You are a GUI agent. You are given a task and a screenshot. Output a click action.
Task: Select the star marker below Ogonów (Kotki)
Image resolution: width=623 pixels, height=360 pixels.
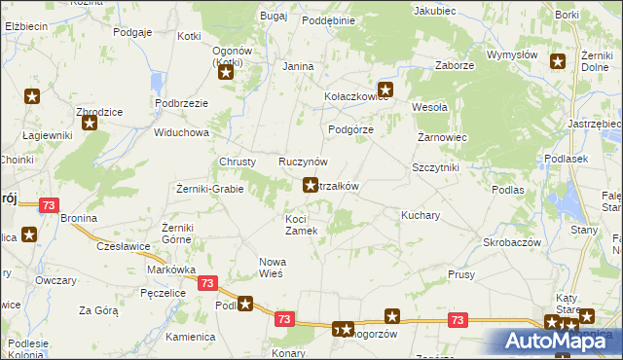[x=227, y=71]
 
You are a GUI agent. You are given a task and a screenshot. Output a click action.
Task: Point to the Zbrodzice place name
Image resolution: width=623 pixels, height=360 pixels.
[x=100, y=111]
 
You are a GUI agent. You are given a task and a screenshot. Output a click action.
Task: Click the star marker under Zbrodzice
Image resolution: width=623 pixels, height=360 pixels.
[x=91, y=124]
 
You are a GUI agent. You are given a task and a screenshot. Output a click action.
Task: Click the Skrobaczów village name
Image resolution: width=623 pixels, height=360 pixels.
[x=512, y=241]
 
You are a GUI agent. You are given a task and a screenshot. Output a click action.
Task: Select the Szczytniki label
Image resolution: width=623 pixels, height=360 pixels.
[x=435, y=167]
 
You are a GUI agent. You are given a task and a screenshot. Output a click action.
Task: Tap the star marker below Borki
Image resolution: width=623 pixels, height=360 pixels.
[x=558, y=62]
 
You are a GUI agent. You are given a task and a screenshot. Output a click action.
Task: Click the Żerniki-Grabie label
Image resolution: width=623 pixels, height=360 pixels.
[x=209, y=189]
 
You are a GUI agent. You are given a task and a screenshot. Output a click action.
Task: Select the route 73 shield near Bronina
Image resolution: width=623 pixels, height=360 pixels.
[x=50, y=205]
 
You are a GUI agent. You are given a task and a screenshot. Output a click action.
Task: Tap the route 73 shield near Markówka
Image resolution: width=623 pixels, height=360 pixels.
[x=206, y=282]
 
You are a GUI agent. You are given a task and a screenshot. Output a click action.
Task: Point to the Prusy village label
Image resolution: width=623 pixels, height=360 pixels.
[x=461, y=274]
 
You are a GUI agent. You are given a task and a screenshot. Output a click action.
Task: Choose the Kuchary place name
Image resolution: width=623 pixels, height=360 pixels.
[x=421, y=214]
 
